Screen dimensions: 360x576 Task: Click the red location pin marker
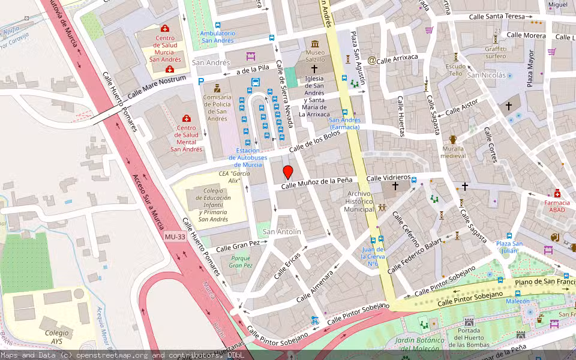[288, 172]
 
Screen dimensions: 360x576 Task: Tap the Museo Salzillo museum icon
[315, 44]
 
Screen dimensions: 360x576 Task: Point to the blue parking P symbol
[202, 82]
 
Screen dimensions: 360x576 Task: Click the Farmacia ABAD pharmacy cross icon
[557, 193]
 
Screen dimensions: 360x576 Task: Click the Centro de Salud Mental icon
[187, 118]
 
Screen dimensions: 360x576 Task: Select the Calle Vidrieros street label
[388, 178]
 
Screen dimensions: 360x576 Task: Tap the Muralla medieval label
[453, 152]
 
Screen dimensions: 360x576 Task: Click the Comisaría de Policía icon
[216, 88]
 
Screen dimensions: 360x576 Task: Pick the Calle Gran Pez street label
[238, 246]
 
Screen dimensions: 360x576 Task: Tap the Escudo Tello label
[456, 70]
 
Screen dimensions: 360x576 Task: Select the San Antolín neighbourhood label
[282, 232]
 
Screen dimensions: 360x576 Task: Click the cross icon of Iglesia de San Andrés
[314, 70]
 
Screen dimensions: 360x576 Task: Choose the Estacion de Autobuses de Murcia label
[248, 157]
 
